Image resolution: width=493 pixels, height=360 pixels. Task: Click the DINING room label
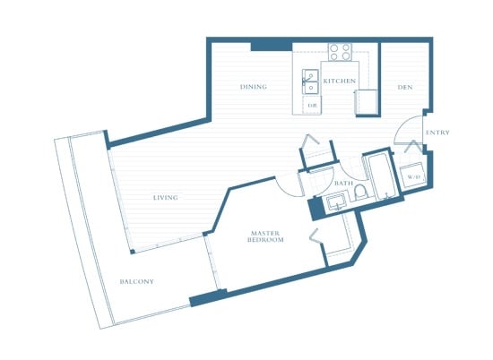254,87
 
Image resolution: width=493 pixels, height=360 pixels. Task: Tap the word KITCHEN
340,81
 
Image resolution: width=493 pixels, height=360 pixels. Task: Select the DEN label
405,87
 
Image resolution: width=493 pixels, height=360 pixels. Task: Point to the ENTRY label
437,133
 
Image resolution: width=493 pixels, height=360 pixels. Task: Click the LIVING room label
166,198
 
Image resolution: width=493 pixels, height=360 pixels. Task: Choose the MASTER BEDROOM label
265,236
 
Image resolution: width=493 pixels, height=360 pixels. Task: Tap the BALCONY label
137,281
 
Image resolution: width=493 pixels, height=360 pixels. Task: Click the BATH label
343,183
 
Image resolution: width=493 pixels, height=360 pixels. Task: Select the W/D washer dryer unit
413,176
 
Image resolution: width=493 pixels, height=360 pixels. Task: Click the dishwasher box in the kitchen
312,106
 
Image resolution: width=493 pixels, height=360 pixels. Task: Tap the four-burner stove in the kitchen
341,52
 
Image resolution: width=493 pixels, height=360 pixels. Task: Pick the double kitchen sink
310,81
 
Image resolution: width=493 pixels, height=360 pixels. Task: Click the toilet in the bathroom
361,193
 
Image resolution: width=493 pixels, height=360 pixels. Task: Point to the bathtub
383,176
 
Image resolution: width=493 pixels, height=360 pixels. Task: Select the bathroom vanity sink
337,202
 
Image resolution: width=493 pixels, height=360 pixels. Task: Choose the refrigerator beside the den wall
366,103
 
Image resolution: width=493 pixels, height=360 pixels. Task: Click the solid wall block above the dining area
272,47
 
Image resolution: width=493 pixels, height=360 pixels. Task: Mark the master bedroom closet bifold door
315,236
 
